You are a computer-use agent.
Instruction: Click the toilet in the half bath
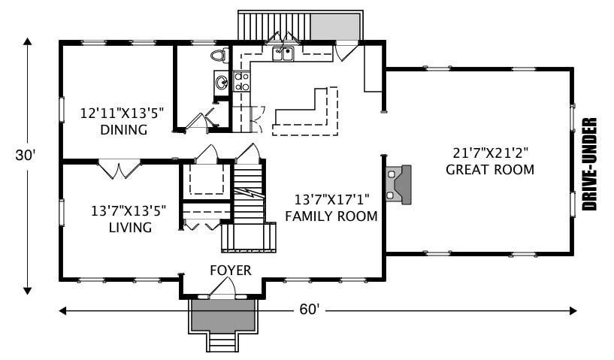tap(219, 55)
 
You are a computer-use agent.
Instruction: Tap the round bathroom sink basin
tap(221, 83)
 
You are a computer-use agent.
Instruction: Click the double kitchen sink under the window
tap(283, 53)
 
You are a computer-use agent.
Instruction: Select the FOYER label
tap(230, 270)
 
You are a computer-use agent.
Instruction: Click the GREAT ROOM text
tap(490, 169)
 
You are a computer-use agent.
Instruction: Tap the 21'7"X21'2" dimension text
tap(490, 150)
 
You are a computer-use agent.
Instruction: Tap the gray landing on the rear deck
tap(334, 26)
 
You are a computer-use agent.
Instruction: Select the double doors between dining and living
tap(118, 168)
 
